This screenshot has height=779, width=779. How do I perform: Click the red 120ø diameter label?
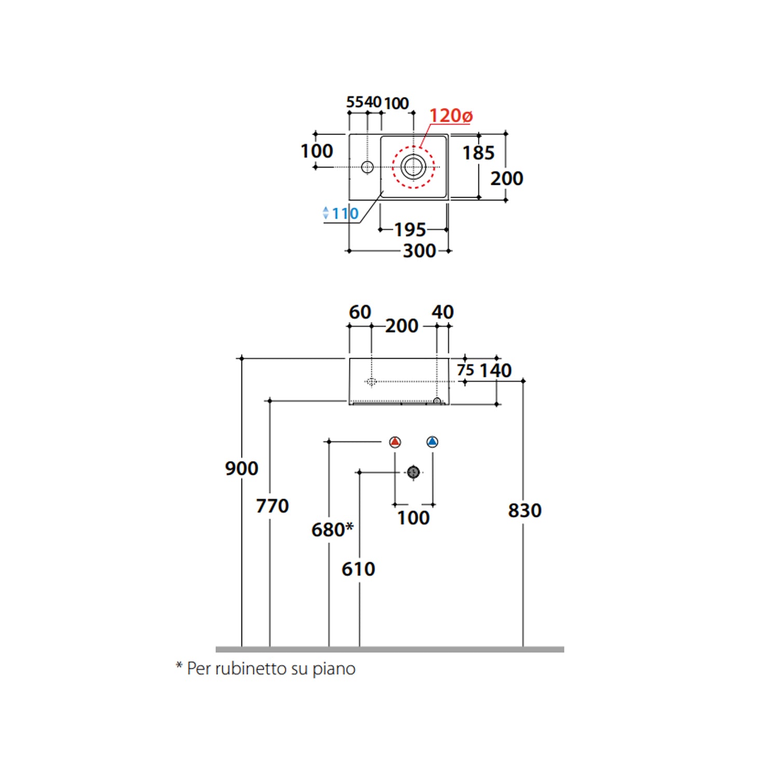point(450,115)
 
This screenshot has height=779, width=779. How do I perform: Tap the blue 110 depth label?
point(345,213)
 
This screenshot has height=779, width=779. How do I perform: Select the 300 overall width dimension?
point(419,251)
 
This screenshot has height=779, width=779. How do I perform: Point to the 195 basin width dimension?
point(410,230)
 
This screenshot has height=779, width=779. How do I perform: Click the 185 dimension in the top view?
point(478,153)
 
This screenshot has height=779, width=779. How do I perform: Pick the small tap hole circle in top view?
point(367,167)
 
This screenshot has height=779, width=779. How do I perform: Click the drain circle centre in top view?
point(413,167)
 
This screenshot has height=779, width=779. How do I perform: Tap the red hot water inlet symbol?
point(395,442)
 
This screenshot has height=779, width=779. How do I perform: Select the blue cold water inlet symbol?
point(432,442)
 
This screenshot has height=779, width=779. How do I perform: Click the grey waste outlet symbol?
point(413,472)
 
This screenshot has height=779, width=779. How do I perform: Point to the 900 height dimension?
point(241,468)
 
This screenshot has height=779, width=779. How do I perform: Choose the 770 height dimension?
point(272,505)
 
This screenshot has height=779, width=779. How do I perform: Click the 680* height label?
point(332,530)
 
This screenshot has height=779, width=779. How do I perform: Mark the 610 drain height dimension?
point(358,569)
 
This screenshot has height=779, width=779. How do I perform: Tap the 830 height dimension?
point(525,510)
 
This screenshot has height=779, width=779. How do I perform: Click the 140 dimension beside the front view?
point(495,370)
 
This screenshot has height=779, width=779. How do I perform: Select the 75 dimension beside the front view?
point(465,370)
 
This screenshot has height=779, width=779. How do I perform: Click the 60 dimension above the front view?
point(360,312)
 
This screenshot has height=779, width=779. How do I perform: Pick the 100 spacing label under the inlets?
point(413,518)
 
